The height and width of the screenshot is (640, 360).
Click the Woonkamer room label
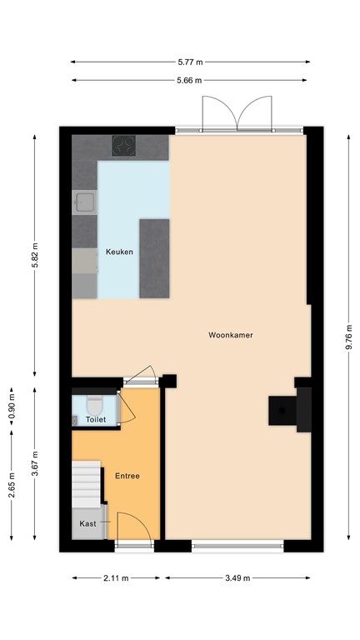[x=232, y=335]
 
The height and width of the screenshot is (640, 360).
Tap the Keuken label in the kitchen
[x=118, y=252]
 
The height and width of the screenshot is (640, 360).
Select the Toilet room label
[x=96, y=420]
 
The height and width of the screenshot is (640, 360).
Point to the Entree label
[x=127, y=476]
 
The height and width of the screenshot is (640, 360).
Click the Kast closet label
[x=87, y=523]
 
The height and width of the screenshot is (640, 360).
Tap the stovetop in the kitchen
[x=124, y=147]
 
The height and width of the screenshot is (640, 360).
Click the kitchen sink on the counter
[x=84, y=202]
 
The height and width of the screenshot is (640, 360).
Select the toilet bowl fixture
[x=94, y=406]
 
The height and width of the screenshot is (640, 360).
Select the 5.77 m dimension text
[x=190, y=61]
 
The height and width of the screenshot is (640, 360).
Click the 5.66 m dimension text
[x=190, y=80]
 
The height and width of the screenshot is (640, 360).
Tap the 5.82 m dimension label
[x=35, y=256]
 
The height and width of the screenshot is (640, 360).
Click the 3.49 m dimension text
[x=237, y=577]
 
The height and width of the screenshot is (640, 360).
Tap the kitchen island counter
[x=154, y=257]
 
